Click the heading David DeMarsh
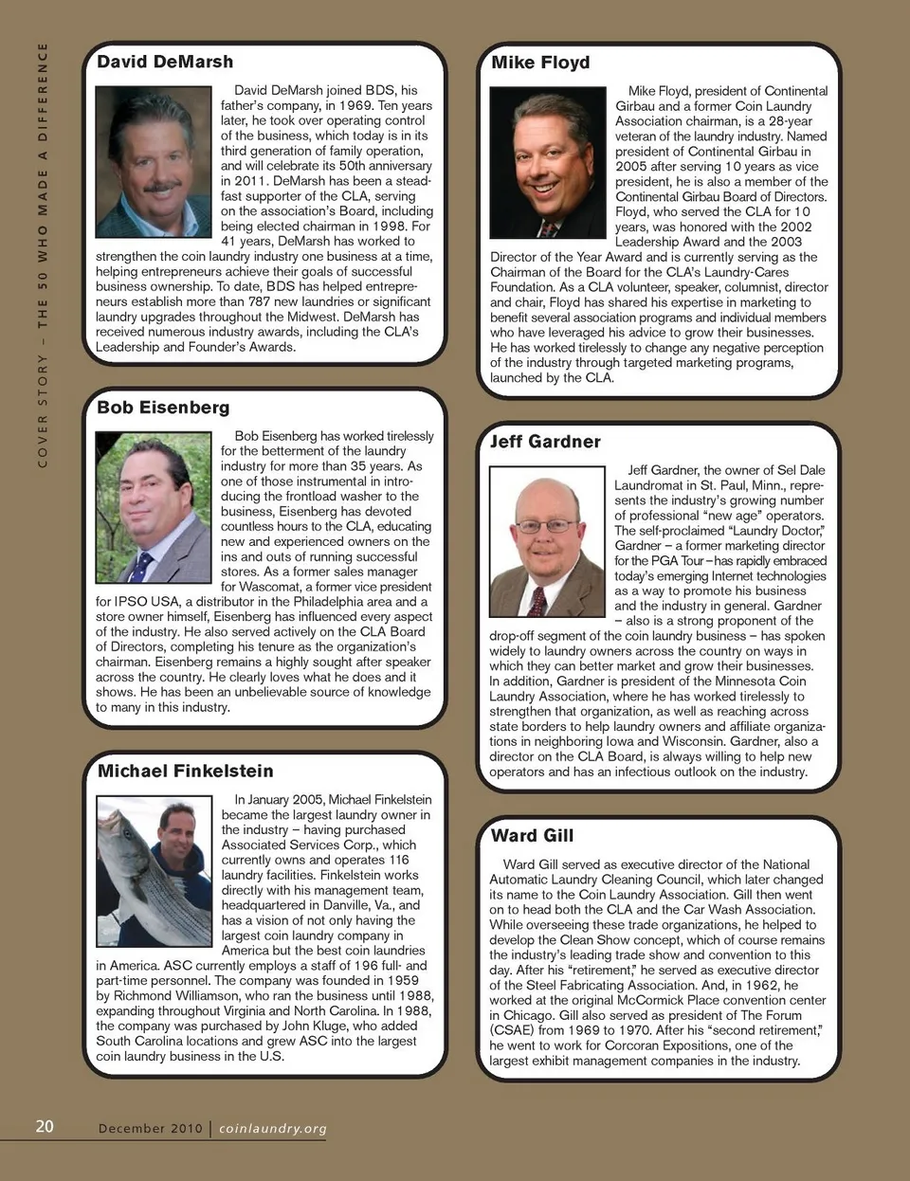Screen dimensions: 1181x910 pos(165,62)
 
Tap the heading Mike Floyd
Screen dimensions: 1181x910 pos(540,63)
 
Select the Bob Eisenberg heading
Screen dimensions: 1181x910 pos(163,408)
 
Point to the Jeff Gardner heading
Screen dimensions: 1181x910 pos(545,442)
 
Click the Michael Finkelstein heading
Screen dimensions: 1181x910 pos(185,772)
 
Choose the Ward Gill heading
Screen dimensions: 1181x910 pos(532,836)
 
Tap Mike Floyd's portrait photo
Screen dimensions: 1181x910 pos(547,162)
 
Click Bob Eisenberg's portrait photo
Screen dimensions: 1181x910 pos(154,507)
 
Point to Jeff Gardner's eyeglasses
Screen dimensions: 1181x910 pos(547,525)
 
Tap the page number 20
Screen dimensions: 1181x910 pos(45,1126)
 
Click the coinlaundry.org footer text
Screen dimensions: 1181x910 pos(273,1129)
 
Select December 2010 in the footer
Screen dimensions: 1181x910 pos(150,1129)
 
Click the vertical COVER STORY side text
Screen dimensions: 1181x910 pos(43,256)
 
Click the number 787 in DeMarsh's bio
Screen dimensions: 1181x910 pos(260,301)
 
